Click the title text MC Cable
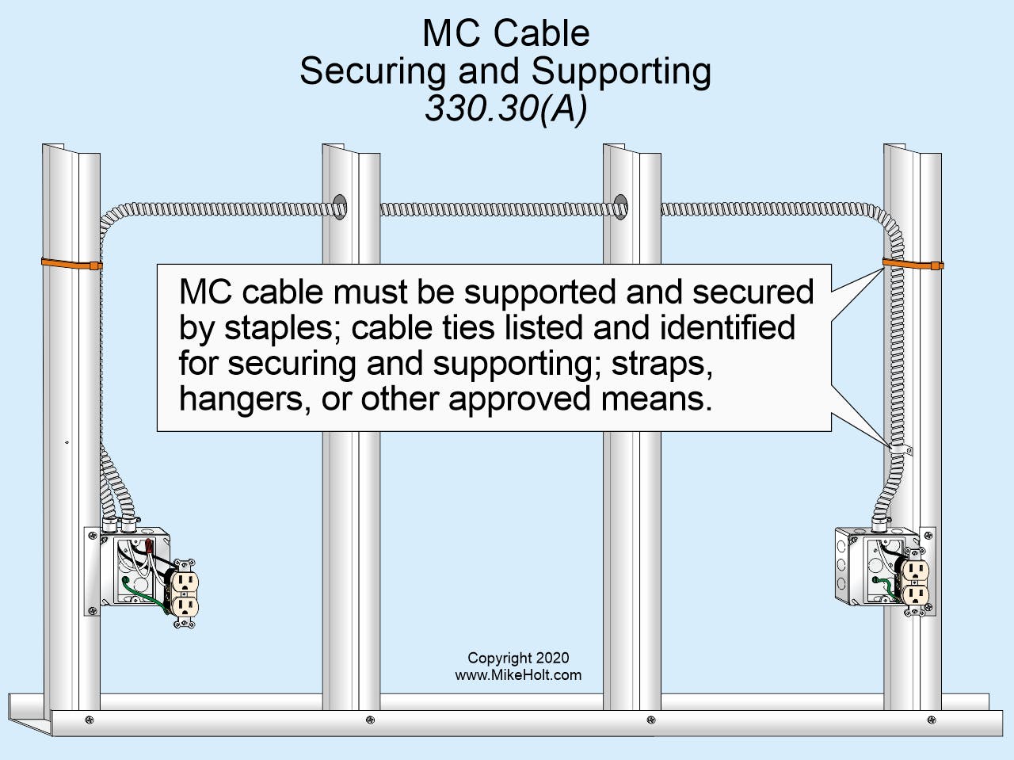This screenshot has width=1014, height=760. [x=505, y=33]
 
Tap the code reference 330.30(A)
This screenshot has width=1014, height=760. [x=505, y=108]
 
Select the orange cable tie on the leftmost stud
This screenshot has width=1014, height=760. [x=71, y=263]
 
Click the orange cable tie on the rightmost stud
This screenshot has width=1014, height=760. [x=912, y=264]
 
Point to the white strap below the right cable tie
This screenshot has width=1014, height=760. [x=898, y=450]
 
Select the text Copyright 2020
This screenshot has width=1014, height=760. [x=517, y=658]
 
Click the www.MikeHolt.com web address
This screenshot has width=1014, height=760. [x=517, y=675]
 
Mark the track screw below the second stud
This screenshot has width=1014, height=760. [x=369, y=720]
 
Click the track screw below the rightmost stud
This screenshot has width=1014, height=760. [x=931, y=720]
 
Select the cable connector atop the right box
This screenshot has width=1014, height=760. [x=879, y=523]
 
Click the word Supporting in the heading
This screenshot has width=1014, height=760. [x=621, y=71]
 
